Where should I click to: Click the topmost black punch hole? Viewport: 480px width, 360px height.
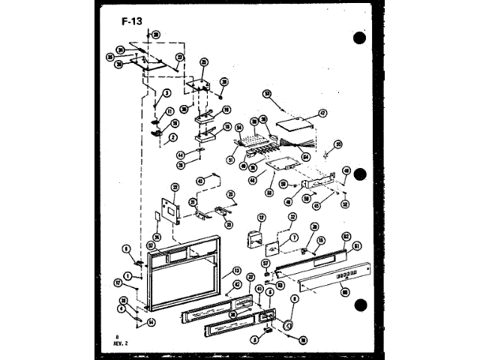click(x=361, y=37)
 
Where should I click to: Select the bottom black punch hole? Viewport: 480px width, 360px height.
click(x=361, y=305)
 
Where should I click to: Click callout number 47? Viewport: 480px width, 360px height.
click(x=323, y=113)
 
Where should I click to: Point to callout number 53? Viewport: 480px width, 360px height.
click(x=266, y=93)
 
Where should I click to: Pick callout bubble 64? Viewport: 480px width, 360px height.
click(x=306, y=156)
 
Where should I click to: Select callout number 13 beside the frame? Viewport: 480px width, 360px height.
click(x=236, y=271)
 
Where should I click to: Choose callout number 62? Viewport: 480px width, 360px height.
click(x=346, y=236)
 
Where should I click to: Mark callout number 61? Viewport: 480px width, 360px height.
click(x=357, y=244)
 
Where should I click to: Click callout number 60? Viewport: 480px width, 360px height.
click(x=345, y=292)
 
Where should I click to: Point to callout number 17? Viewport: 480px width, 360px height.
click(x=118, y=282)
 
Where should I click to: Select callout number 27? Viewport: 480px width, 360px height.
click(x=180, y=57)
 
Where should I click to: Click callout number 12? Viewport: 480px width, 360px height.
click(x=262, y=218)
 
